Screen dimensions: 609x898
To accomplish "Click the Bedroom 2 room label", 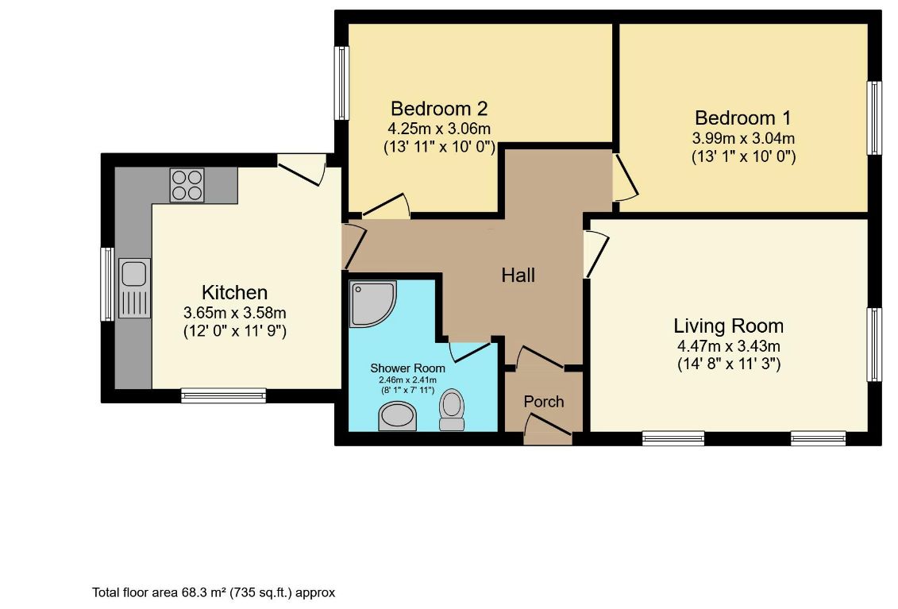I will coord(438,108).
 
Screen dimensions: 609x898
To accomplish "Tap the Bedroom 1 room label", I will coord(742,118).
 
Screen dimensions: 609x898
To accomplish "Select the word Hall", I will coord(518,275).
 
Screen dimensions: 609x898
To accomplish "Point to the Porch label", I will coord(544,402).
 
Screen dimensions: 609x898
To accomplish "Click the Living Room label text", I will coord(728,326).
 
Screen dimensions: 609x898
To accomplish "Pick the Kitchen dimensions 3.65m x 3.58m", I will coord(234,312).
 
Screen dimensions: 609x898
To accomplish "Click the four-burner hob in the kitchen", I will coord(187,185).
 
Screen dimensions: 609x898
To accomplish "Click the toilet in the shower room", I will coord(452,409).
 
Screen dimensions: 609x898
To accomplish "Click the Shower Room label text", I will coord(408,368).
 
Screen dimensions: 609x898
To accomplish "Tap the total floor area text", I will coord(214,592).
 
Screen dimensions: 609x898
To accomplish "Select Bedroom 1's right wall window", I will coord(874,118).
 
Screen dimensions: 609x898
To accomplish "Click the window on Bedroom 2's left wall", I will coord(342,83).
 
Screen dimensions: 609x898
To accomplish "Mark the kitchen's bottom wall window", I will coord(223,395).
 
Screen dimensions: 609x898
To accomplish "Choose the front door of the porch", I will coord(548,434).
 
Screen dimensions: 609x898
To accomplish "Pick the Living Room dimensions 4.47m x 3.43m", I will coord(728,346).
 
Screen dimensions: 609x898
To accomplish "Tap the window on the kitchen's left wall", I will coord(107,283).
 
